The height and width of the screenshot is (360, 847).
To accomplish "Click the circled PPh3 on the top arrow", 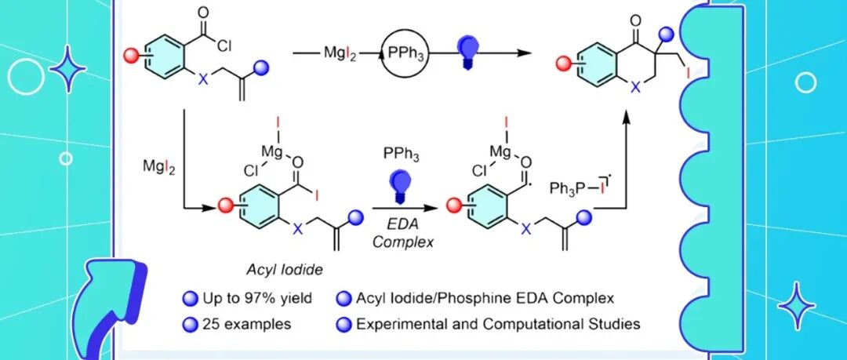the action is click(x=405, y=53).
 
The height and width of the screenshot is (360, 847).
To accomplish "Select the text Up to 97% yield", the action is click(x=257, y=298).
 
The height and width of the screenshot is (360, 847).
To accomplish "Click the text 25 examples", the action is click(x=246, y=324).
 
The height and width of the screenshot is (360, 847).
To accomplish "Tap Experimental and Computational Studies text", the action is click(x=498, y=324).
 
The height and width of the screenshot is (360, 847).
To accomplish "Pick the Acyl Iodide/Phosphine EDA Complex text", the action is click(x=485, y=298).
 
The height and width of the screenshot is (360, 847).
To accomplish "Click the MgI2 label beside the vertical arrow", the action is click(x=157, y=167).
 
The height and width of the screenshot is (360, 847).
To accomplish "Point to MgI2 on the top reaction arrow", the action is click(x=340, y=53).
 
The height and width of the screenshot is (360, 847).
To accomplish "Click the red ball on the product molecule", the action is click(x=564, y=64).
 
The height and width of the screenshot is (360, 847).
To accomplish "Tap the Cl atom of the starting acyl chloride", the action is click(x=223, y=45).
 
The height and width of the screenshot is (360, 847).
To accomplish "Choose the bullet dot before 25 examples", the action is click(x=190, y=325).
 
